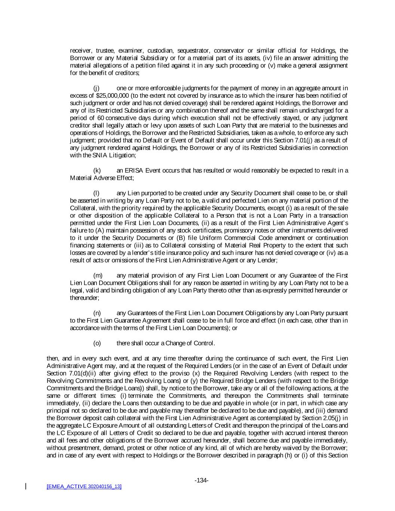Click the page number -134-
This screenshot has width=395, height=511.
[201, 480]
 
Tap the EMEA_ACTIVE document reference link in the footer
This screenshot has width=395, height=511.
[84, 486]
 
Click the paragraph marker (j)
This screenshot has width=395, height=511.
[97, 88]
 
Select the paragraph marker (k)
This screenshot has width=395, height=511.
[97, 171]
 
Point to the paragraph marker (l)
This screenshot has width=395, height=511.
[96, 193]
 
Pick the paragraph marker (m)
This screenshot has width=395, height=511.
[97, 276]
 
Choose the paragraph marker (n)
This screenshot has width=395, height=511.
[97, 313]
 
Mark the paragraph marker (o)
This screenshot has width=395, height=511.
[97, 343]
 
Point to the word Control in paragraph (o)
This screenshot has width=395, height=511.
[203, 343]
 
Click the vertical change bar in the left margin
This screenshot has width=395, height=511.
[26, 486]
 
